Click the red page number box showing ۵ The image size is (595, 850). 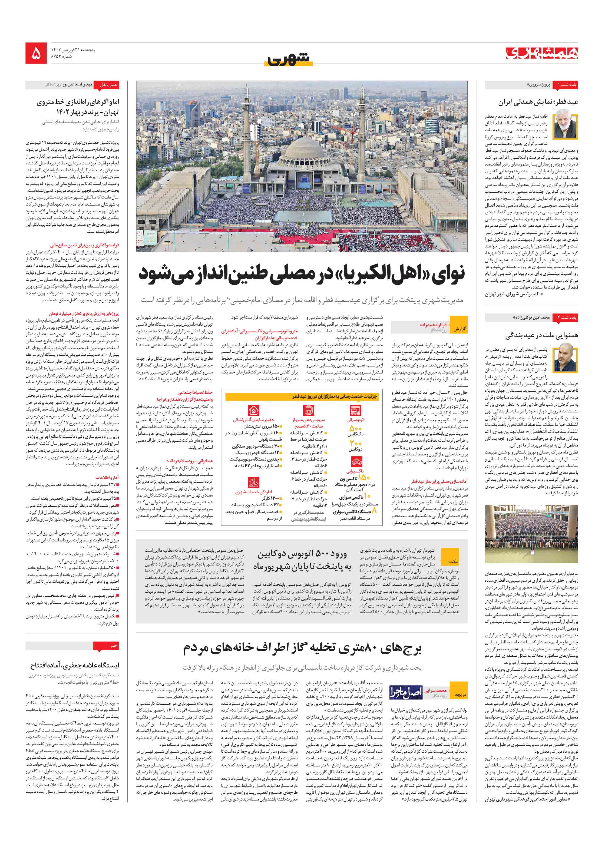pos(36,53)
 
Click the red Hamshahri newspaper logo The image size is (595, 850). pos(542,53)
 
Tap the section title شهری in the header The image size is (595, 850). pos(288,58)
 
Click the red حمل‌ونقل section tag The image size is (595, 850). pos(108,85)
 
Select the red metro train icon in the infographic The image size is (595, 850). pos(308,411)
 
